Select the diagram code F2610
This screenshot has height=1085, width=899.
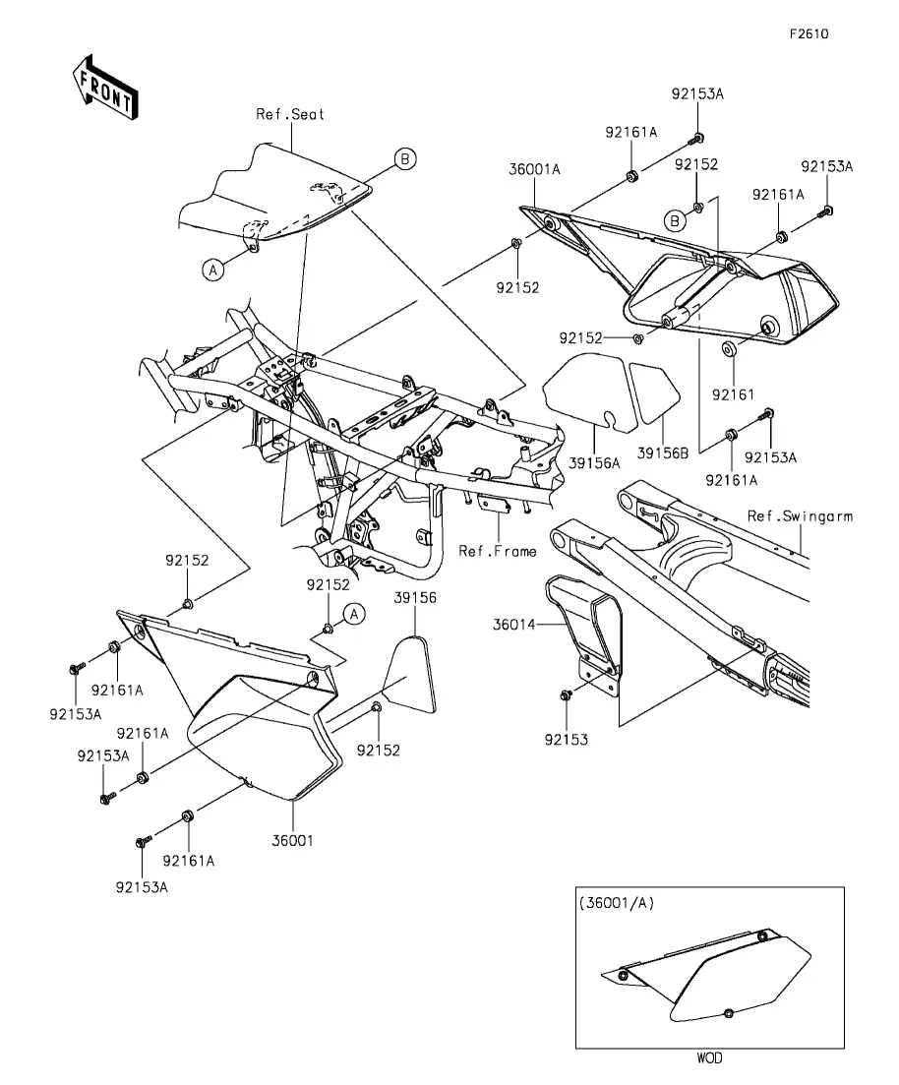[809, 33]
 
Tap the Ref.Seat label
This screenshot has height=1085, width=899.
[290, 114]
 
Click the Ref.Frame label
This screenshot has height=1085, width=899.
[498, 551]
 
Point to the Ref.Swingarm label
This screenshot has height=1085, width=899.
[799, 515]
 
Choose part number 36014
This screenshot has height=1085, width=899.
[515, 624]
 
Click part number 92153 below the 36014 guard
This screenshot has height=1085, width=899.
[569, 739]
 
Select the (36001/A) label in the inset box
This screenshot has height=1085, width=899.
[617, 902]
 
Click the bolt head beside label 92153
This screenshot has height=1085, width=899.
[565, 696]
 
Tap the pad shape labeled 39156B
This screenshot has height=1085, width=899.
[650, 392]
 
